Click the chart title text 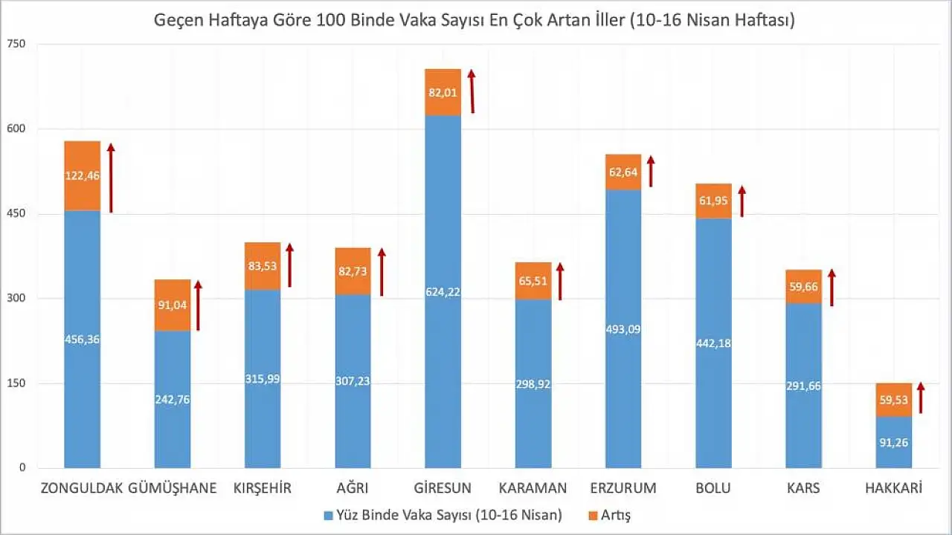[x=475, y=20]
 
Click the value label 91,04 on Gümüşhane [x=173, y=302]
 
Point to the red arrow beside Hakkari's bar [x=920, y=398]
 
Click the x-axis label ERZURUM [x=623, y=488]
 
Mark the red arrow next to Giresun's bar [x=472, y=91]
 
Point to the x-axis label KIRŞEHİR [x=262, y=488]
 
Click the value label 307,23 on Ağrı [x=353, y=380]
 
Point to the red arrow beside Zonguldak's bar [x=111, y=178]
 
